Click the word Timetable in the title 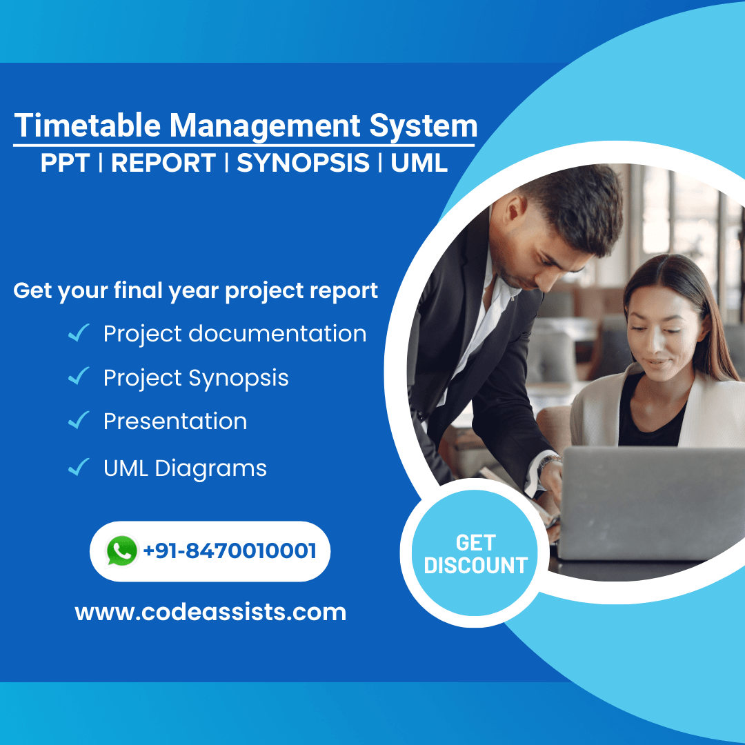click(x=88, y=126)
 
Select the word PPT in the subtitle click(x=66, y=163)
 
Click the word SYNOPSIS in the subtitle click(x=303, y=163)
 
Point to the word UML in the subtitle click(x=419, y=163)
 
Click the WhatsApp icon click(x=122, y=551)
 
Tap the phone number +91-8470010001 click(x=230, y=551)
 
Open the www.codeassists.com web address click(x=210, y=612)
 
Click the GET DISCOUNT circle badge click(x=475, y=554)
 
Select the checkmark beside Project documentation click(x=79, y=335)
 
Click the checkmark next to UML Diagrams click(x=79, y=468)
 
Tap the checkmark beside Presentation click(x=79, y=421)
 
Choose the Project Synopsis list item click(x=196, y=378)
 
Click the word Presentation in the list click(x=175, y=421)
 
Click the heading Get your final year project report click(x=196, y=290)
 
